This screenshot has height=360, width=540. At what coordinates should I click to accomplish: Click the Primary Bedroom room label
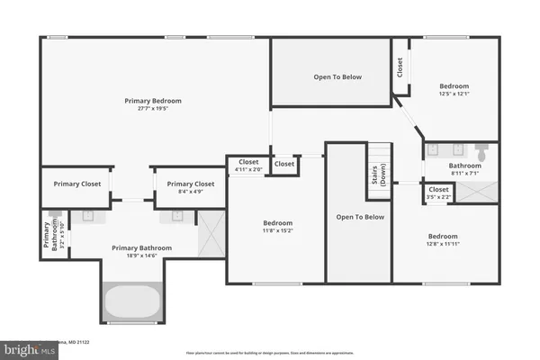coord(153,101)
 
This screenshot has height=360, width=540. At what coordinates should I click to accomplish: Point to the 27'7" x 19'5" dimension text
coord(153,110)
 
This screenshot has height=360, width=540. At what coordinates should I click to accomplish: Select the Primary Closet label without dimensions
coord(76,184)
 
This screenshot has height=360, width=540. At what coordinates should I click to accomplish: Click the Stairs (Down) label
coord(379,175)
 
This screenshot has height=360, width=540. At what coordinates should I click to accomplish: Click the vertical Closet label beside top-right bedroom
coord(400,67)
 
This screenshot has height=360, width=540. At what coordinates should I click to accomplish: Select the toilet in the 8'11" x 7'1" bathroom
coord(482,154)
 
